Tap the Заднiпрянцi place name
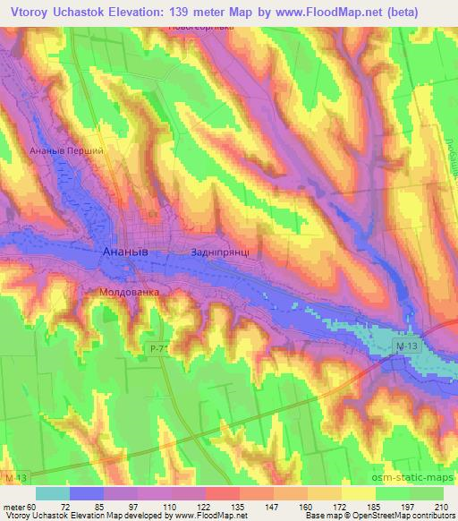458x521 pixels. (x=226, y=253)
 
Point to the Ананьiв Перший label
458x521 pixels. (x=67, y=150)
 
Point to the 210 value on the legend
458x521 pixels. (x=443, y=506)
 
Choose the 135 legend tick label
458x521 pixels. (x=240, y=506)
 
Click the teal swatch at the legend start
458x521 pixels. (x=53, y=493)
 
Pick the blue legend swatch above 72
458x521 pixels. (x=87, y=493)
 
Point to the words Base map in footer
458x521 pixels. (x=321, y=516)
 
